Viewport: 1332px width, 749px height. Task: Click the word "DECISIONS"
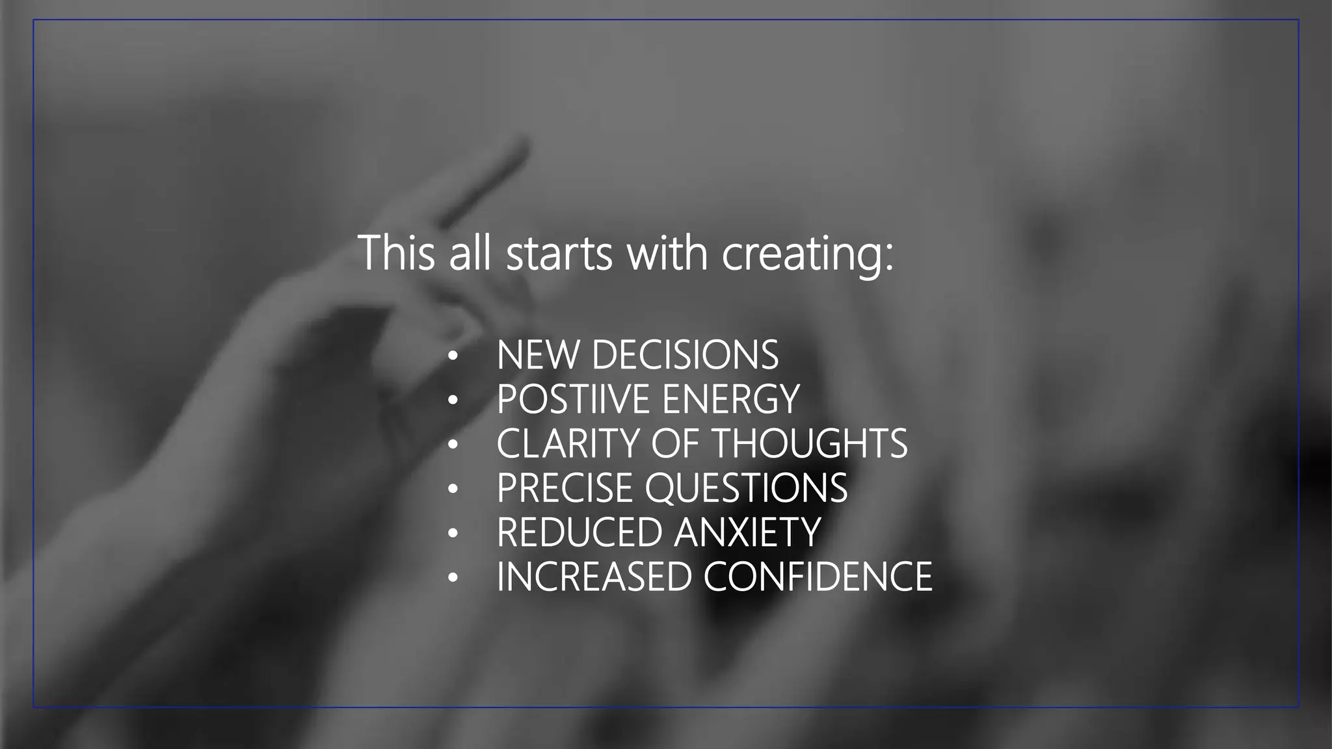[x=685, y=355]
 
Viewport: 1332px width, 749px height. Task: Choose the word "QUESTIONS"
[x=746, y=488]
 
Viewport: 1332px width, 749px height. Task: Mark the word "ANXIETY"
[x=747, y=532]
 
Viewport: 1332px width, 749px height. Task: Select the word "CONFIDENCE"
[x=818, y=576]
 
